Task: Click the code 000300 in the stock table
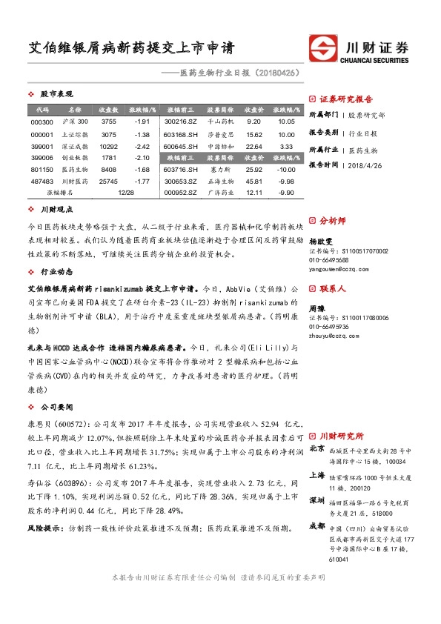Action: pyautogui.click(x=42, y=122)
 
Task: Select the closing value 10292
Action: pyautogui.click(x=109, y=147)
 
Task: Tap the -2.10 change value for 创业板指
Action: pyautogui.click(x=143, y=158)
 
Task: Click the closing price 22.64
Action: pyautogui.click(x=253, y=147)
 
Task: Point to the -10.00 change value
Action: pyautogui.click(x=286, y=170)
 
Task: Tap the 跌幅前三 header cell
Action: pyautogui.click(x=180, y=158)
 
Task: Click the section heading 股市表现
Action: pyautogui.click(x=56, y=95)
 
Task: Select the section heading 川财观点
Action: pyautogui.click(x=56, y=210)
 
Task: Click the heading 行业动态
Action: pyautogui.click(x=56, y=272)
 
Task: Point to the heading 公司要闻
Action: pyautogui.click(x=56, y=407)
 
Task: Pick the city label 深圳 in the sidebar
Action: pyautogui.click(x=316, y=501)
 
